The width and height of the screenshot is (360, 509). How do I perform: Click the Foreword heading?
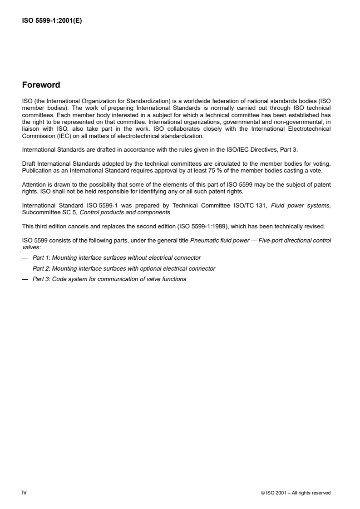41,85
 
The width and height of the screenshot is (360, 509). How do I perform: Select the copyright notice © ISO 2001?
296,493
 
